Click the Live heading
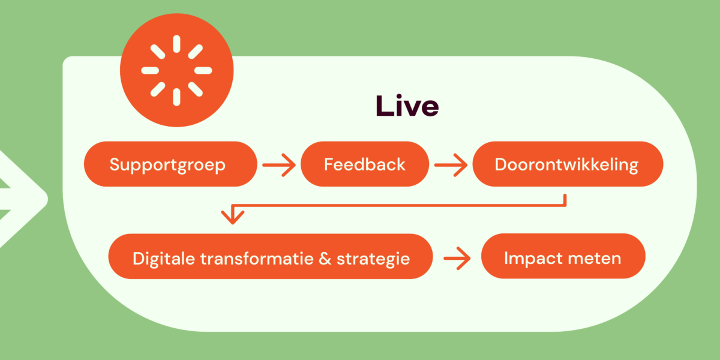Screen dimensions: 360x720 (x=407, y=106)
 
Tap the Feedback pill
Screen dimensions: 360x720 (x=365, y=164)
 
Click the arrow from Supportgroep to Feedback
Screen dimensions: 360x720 (x=279, y=165)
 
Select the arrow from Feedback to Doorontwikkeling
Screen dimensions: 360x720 (x=451, y=165)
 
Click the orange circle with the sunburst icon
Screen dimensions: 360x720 (x=176, y=71)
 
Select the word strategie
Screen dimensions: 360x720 (x=373, y=259)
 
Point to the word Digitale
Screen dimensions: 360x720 (x=160, y=259)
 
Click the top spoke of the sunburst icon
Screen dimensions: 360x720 (x=176, y=44)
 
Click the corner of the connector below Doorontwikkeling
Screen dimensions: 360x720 (x=565, y=205)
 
